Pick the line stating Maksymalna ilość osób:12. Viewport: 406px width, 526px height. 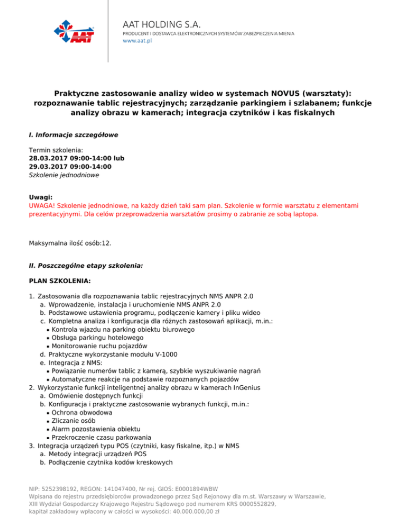70,243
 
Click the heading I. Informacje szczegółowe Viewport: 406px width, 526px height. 73,135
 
